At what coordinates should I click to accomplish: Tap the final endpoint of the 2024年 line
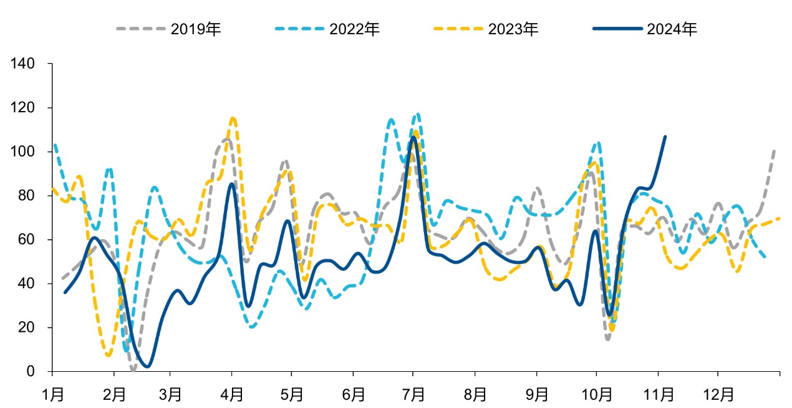click(x=665, y=137)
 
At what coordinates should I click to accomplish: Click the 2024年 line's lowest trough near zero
click(x=147, y=366)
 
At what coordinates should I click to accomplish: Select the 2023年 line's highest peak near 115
click(x=233, y=118)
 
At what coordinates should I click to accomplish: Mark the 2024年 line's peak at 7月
click(x=413, y=137)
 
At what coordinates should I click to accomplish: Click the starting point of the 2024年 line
click(x=65, y=292)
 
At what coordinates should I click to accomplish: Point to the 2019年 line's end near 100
click(x=775, y=150)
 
